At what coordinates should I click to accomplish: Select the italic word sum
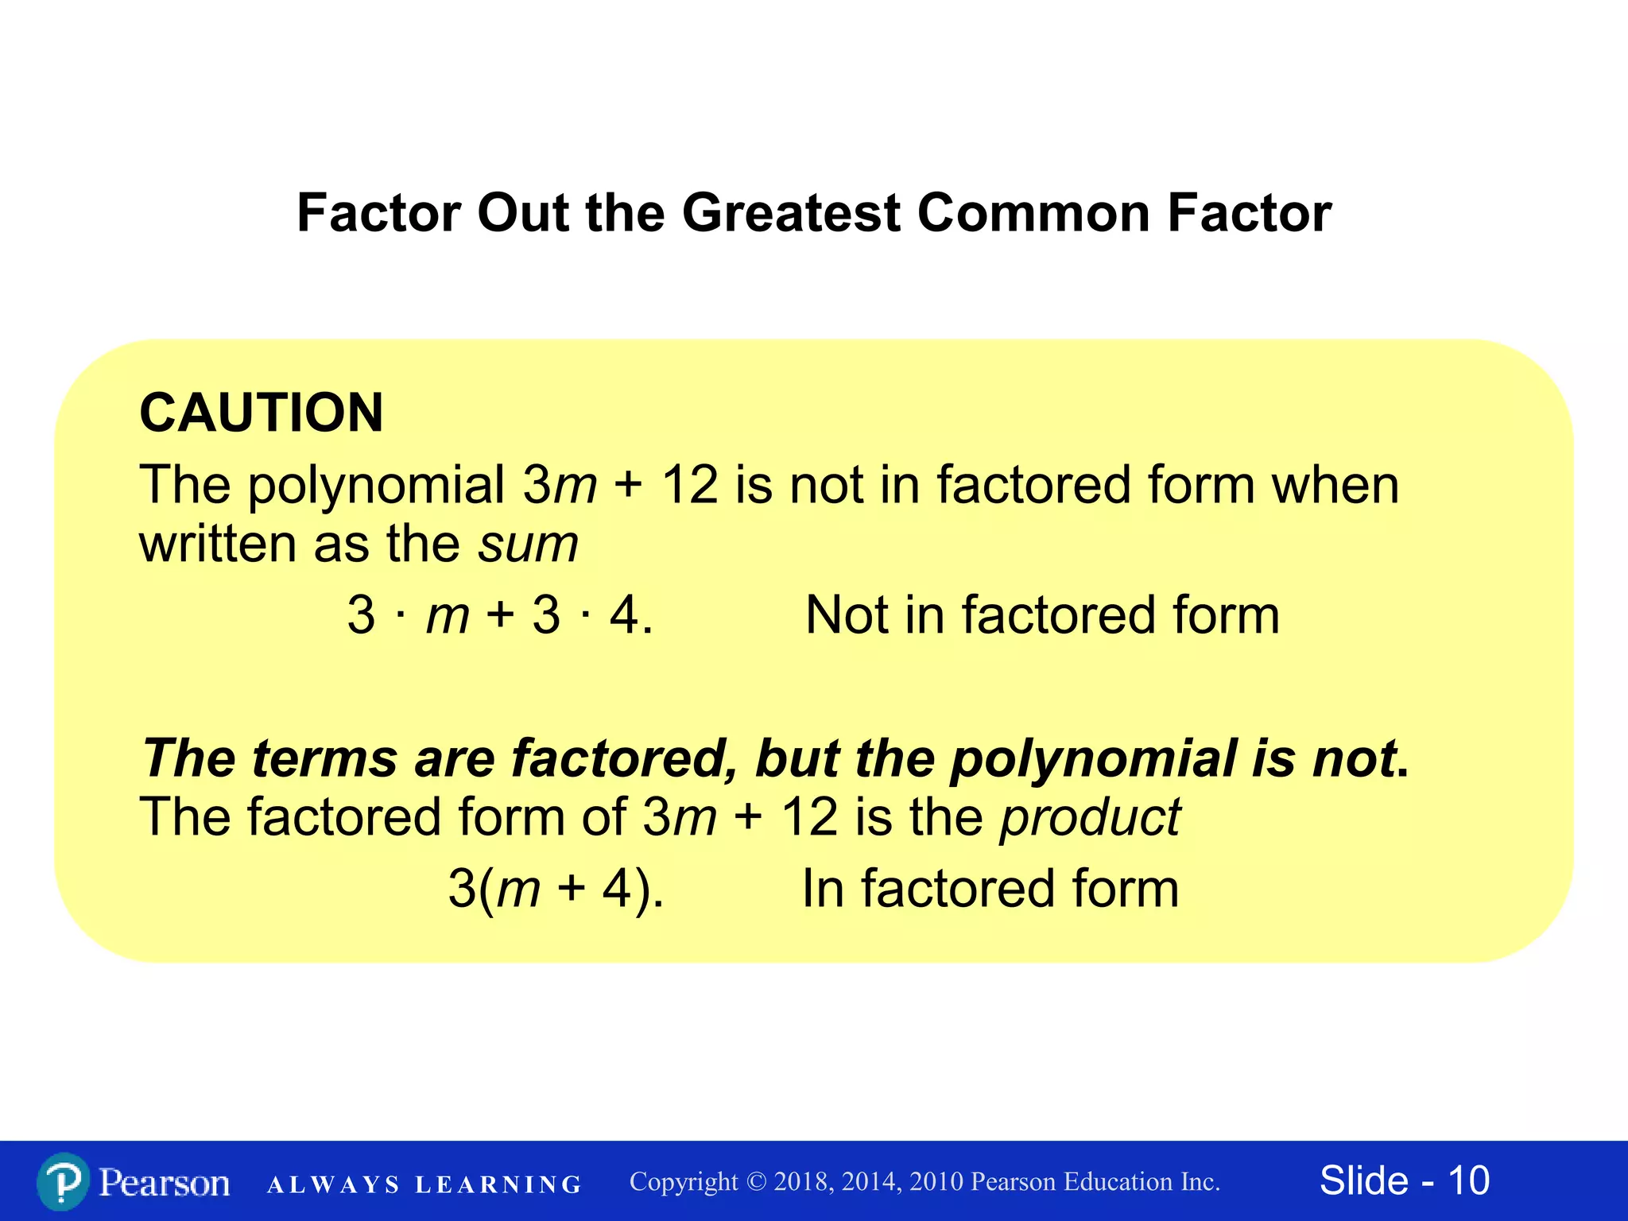coord(528,545)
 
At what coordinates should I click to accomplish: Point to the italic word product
coord(1090,817)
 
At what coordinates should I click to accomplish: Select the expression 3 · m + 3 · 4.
coord(500,615)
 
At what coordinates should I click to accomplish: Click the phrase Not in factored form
coord(1042,615)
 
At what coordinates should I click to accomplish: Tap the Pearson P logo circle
coord(62,1182)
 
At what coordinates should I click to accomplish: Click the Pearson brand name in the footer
coord(165,1182)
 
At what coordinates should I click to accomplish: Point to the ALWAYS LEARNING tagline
coord(424,1185)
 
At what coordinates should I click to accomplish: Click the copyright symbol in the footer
coord(756,1182)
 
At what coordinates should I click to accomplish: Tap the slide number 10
coord(1468,1180)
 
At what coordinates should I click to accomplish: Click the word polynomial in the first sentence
coord(376,485)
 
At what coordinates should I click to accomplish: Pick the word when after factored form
coord(1335,485)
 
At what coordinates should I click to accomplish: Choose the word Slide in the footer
coord(1364,1180)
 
